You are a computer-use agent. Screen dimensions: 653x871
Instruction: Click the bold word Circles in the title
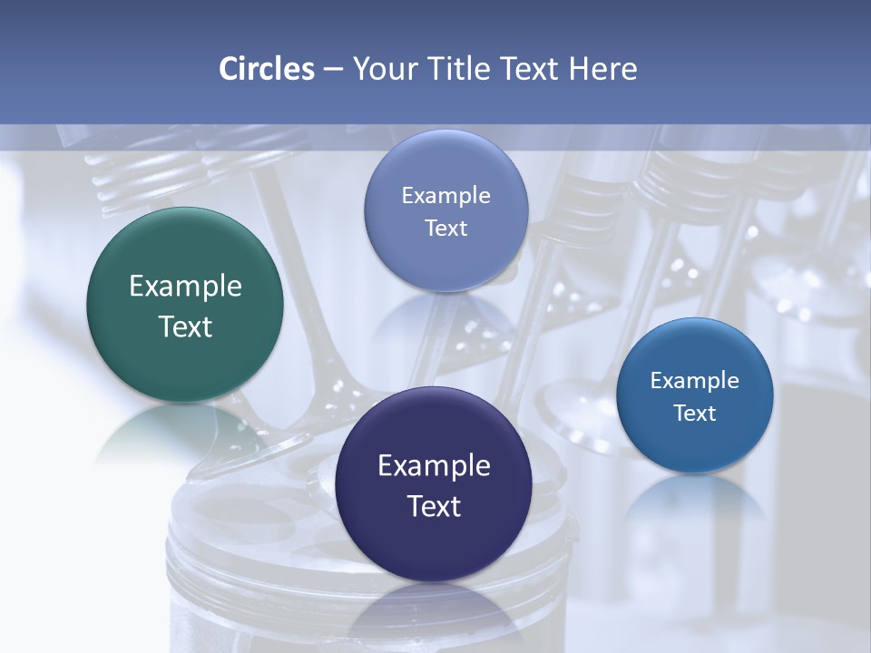pyautogui.click(x=267, y=69)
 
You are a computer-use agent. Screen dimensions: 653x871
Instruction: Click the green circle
pyautogui.click(x=185, y=305)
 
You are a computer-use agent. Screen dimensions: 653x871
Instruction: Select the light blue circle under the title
pyautogui.click(x=445, y=210)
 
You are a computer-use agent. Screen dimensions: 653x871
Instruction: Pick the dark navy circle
pyautogui.click(x=433, y=483)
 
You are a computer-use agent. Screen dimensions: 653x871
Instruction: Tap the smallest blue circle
pyautogui.click(x=695, y=395)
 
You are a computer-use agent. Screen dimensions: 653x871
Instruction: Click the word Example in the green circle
pyautogui.click(x=185, y=287)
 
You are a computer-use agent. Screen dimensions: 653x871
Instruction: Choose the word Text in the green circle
pyautogui.click(x=185, y=326)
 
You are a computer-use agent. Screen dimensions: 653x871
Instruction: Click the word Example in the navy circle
pyautogui.click(x=433, y=466)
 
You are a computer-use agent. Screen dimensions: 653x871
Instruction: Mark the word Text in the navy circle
pyautogui.click(x=433, y=506)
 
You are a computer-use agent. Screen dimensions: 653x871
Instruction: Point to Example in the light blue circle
pyautogui.click(x=445, y=196)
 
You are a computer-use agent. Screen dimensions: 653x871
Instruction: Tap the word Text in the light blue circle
pyautogui.click(x=445, y=229)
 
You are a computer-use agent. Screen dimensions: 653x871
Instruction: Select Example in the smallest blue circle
pyautogui.click(x=695, y=381)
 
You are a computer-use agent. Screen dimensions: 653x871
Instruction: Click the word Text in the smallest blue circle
pyautogui.click(x=695, y=414)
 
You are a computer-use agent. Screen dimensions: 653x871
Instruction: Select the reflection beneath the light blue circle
pyautogui.click(x=445, y=313)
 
